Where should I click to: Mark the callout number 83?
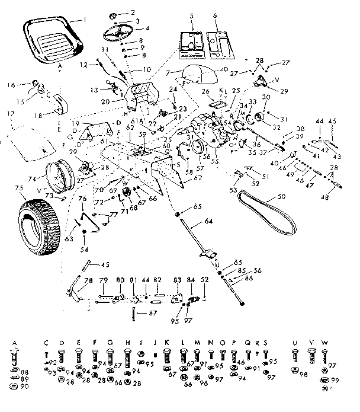coord(177,280)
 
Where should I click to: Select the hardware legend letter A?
coord(14,343)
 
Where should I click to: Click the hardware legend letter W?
coord(324,343)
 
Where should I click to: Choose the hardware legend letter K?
coord(167,343)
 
